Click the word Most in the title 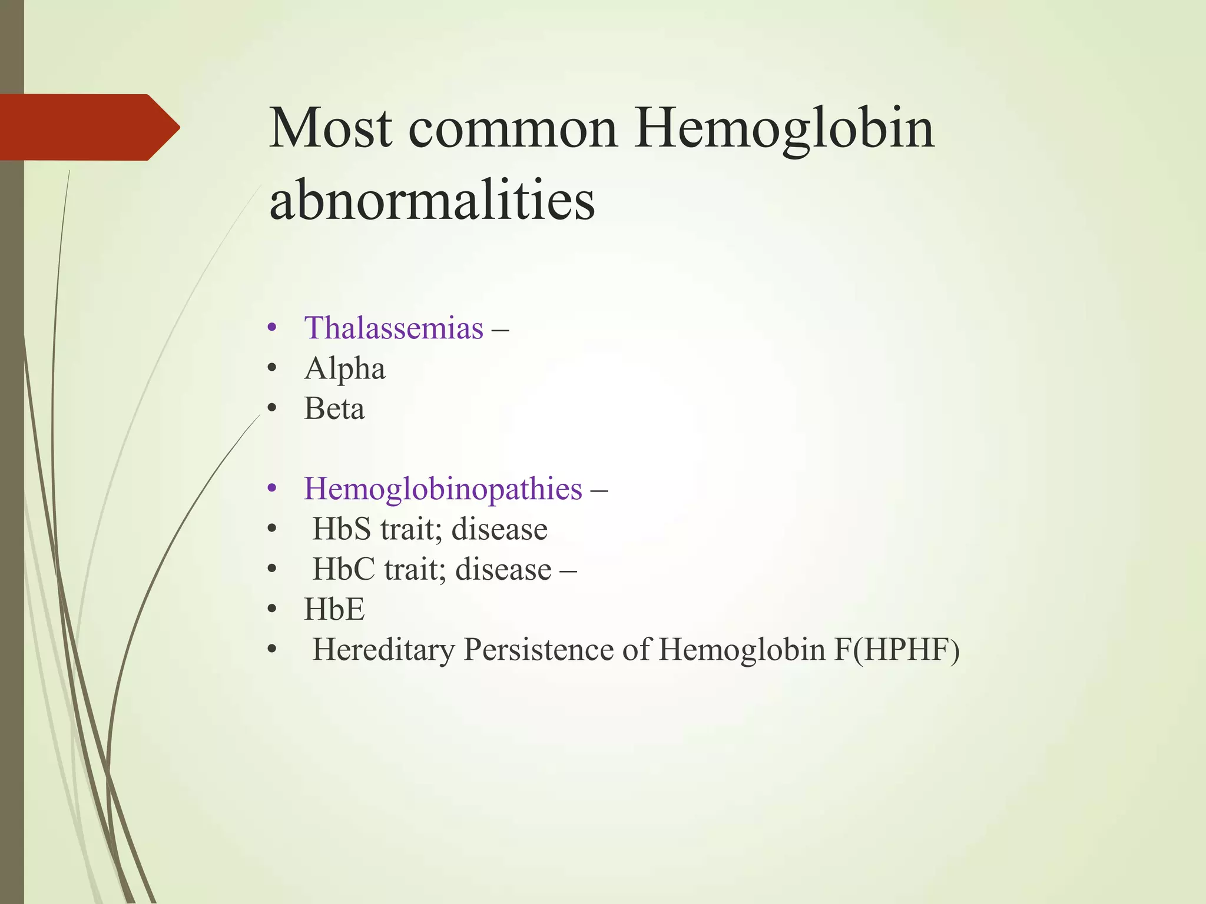(330, 128)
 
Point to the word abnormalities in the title (432, 200)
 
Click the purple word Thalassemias (393, 328)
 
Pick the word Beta (334, 408)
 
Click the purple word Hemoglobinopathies (443, 488)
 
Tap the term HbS (342, 529)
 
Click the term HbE (334, 609)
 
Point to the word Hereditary (383, 650)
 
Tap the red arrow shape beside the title (88, 127)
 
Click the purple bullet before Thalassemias (271, 328)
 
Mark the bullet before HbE (271, 610)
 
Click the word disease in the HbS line (499, 529)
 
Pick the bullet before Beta (271, 408)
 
